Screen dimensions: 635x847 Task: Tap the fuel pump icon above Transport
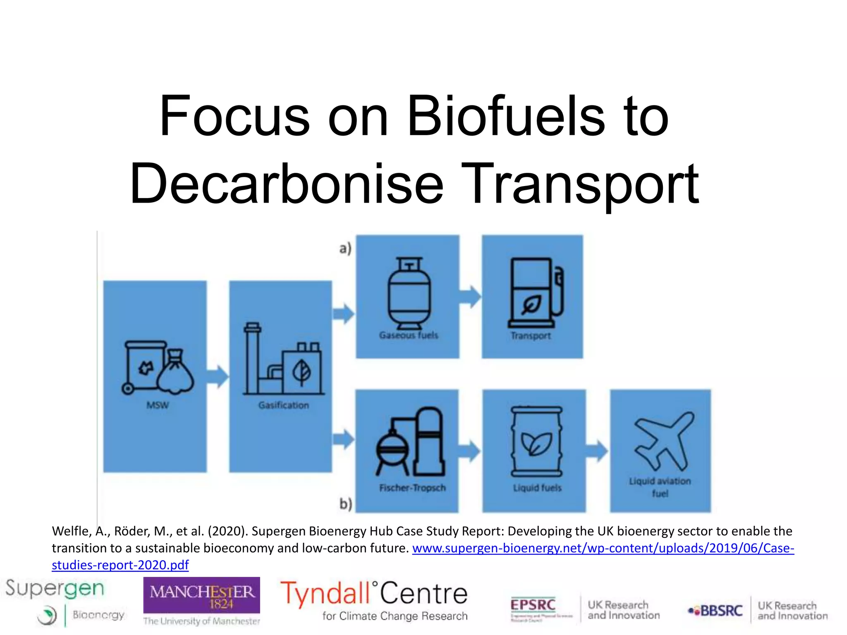click(x=535, y=293)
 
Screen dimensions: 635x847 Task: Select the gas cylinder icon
click(x=409, y=292)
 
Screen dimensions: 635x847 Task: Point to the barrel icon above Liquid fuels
click(x=536, y=441)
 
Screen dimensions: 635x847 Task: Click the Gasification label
click(x=284, y=405)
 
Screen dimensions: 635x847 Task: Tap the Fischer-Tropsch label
click(x=412, y=488)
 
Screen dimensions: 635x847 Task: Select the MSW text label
click(x=158, y=405)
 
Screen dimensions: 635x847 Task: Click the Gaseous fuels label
click(x=409, y=335)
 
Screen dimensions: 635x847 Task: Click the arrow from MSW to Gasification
click(x=218, y=377)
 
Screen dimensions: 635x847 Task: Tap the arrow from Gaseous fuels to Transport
click(x=470, y=296)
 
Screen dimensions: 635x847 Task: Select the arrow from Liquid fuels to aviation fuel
click(x=597, y=451)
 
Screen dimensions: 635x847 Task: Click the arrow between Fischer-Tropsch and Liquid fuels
click(x=470, y=451)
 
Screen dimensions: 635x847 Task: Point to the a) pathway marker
click(x=345, y=248)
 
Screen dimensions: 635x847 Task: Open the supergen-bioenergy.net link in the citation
click(x=603, y=548)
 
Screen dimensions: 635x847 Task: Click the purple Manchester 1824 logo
click(x=201, y=595)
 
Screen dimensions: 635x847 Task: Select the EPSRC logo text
click(x=533, y=605)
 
